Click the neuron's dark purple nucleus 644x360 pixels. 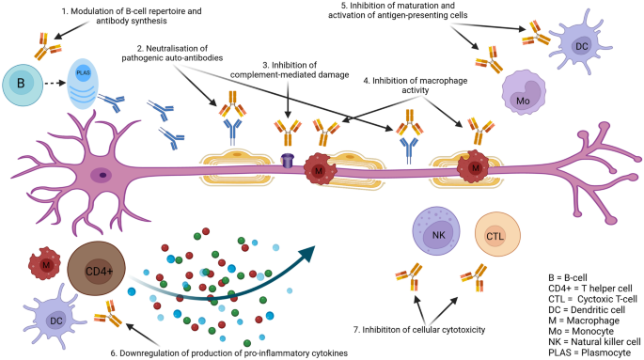coord(100,174)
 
